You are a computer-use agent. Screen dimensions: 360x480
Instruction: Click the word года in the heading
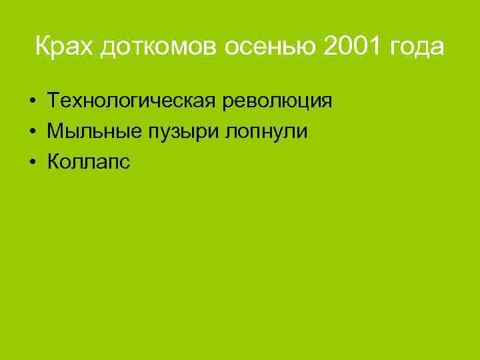[x=417, y=49]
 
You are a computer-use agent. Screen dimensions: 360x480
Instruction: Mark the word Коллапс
[x=89, y=161]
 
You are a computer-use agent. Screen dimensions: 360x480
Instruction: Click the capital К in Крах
[x=42, y=47]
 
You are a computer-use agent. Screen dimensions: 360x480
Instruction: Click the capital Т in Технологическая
[x=54, y=101]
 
